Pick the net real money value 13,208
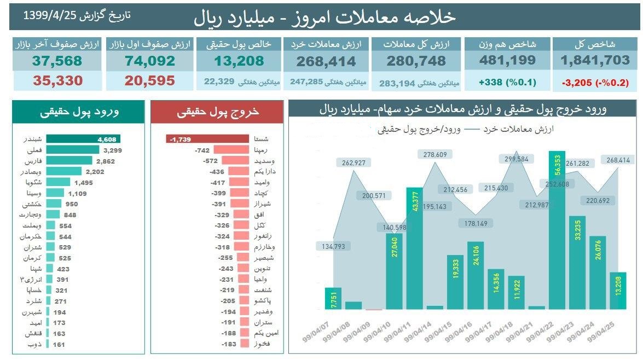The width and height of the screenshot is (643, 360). (239, 61)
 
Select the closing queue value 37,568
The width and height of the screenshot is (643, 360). (56, 61)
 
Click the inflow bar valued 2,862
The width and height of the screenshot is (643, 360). (69, 161)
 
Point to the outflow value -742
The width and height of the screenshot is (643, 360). (202, 150)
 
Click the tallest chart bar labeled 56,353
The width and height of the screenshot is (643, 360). (557, 230)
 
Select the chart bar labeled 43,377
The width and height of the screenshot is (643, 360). (414, 249)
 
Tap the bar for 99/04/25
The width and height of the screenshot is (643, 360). (618, 291)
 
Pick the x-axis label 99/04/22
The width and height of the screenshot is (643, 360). (541, 330)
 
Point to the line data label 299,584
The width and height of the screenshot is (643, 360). (514, 159)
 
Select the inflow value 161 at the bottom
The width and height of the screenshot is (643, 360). (59, 344)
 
